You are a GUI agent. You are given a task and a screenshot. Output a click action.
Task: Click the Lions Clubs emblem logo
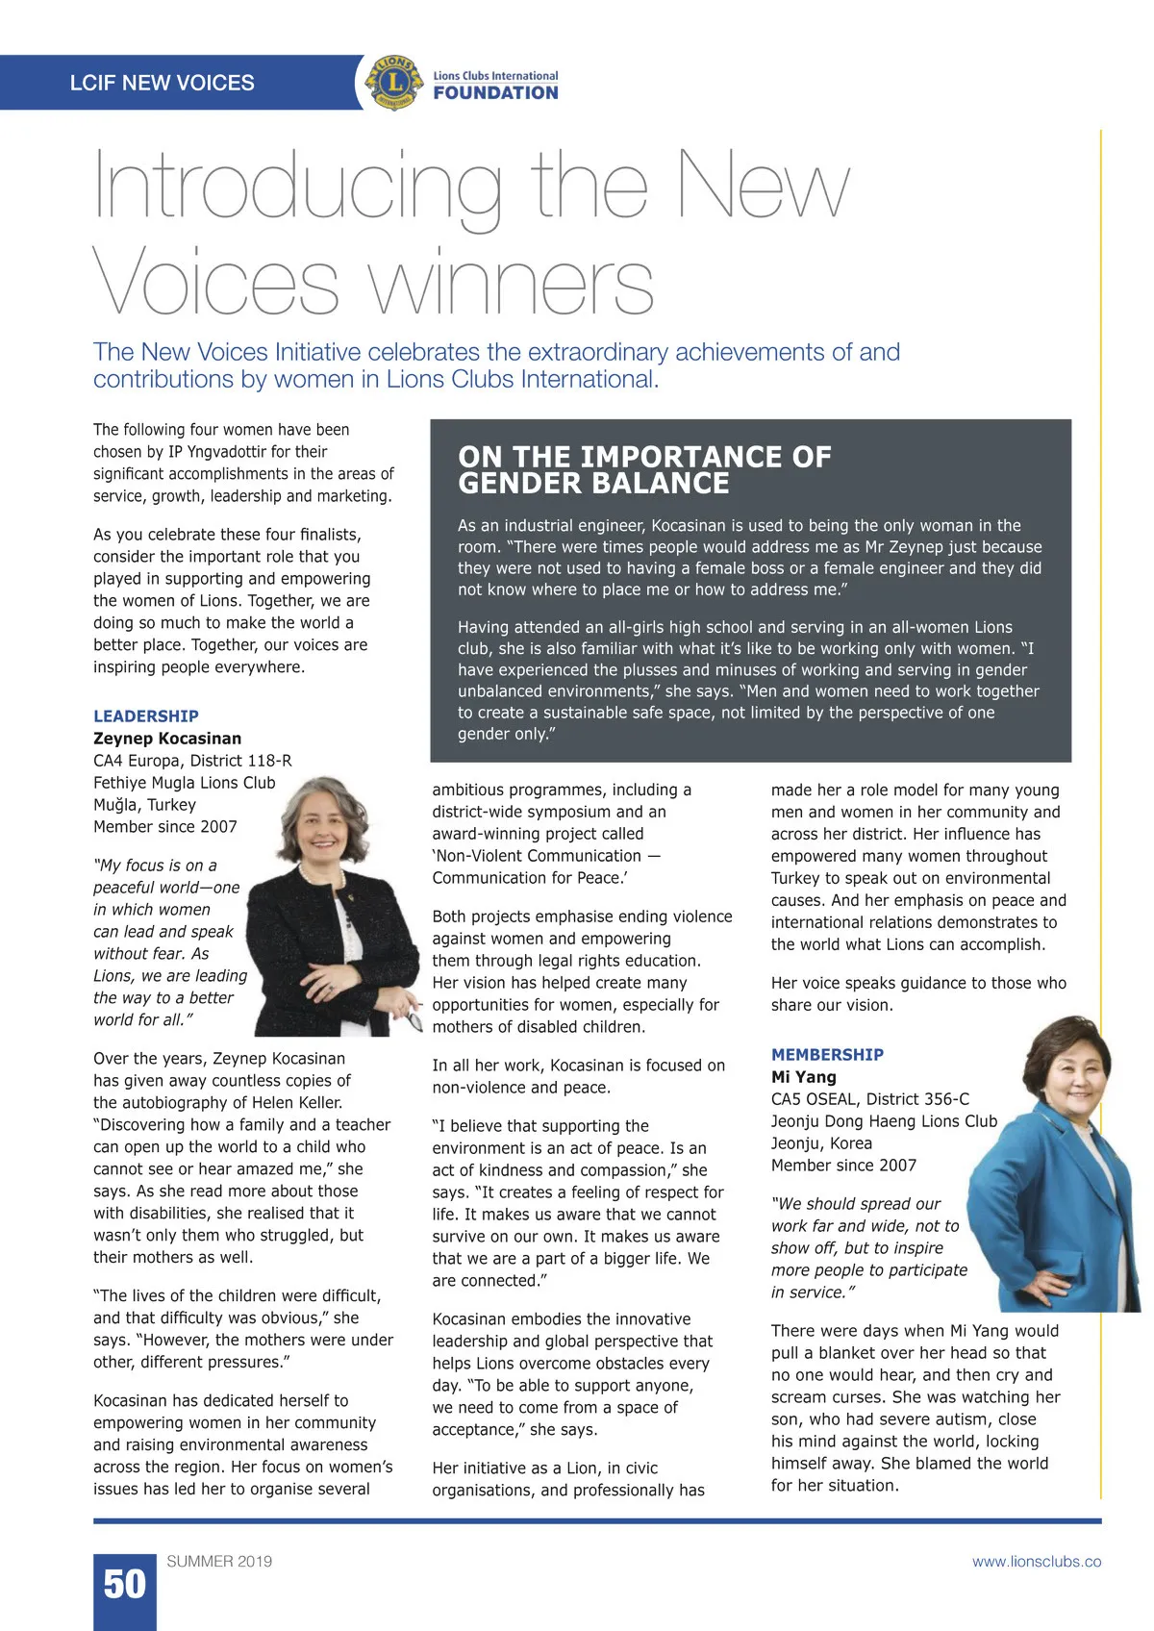pyautogui.click(x=394, y=83)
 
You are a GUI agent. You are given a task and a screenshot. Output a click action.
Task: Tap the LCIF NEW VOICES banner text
pyautogui.click(x=162, y=83)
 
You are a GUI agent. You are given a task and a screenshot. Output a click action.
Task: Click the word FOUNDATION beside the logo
pyautogui.click(x=495, y=93)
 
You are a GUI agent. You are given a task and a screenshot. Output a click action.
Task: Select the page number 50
pyautogui.click(x=124, y=1585)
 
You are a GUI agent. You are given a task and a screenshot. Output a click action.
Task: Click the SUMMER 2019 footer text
pyautogui.click(x=219, y=1562)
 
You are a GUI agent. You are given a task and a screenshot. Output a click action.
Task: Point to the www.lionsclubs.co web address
pyautogui.click(x=1036, y=1562)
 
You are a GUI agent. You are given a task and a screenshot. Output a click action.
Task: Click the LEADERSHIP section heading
pyautogui.click(x=146, y=716)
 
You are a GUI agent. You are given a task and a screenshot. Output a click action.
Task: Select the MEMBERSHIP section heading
pyautogui.click(x=827, y=1055)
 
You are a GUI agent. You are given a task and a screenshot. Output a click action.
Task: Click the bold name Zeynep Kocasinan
pyautogui.click(x=167, y=739)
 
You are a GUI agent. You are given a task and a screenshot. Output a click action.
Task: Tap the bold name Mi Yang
pyautogui.click(x=804, y=1077)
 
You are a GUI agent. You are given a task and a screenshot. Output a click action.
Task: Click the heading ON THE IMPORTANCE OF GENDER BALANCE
pyautogui.click(x=644, y=469)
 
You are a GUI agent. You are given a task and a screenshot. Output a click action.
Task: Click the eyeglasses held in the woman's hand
pyautogui.click(x=414, y=1015)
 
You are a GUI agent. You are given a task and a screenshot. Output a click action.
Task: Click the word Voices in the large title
pyautogui.click(x=215, y=284)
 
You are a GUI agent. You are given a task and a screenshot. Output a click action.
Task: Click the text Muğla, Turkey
pyautogui.click(x=144, y=805)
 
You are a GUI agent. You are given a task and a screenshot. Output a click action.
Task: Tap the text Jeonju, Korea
pyautogui.click(x=821, y=1143)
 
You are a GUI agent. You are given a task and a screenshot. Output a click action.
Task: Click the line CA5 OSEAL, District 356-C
pyautogui.click(x=869, y=1099)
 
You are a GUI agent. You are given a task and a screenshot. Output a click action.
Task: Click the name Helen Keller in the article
pyautogui.click(x=295, y=1103)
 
